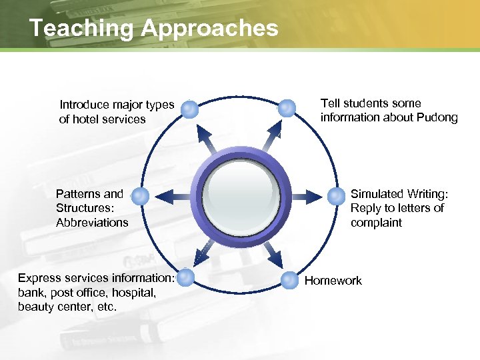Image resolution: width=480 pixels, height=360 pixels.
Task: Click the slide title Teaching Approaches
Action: [x=153, y=28]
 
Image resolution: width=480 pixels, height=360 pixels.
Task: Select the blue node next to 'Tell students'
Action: [x=286, y=107]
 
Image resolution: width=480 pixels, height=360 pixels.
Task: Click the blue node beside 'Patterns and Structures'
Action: [x=140, y=196]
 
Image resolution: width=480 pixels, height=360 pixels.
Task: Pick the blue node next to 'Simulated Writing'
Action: [x=335, y=196]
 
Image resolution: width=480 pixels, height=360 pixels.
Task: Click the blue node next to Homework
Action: [x=289, y=280]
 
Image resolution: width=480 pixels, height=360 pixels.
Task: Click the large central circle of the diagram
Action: [x=241, y=195]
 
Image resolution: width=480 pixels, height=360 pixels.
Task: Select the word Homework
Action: [x=333, y=281]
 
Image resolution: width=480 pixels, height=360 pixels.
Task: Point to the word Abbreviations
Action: [x=92, y=223]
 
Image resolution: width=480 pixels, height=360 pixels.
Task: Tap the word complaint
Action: [x=376, y=223]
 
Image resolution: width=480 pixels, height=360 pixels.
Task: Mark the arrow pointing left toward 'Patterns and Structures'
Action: [x=170, y=195]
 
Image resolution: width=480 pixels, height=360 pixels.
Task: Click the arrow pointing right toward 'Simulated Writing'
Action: [x=308, y=195]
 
